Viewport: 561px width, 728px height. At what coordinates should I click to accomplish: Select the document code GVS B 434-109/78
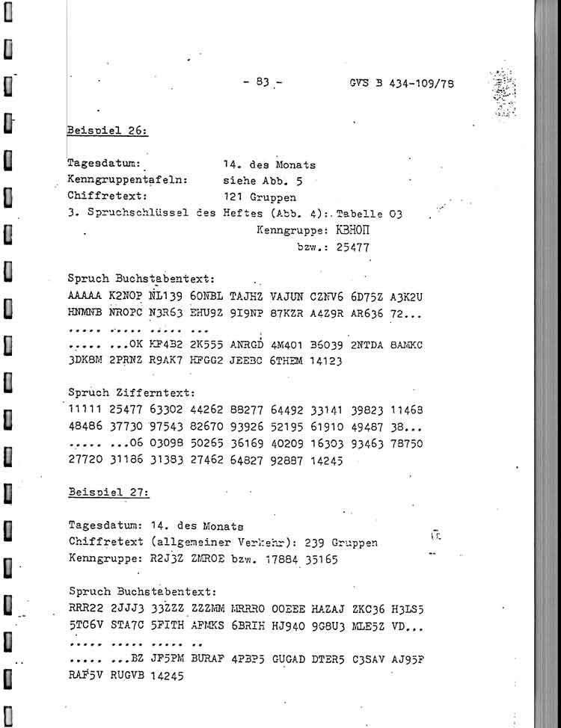pos(401,84)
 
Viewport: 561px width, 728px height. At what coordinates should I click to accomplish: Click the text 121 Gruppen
pos(259,197)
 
